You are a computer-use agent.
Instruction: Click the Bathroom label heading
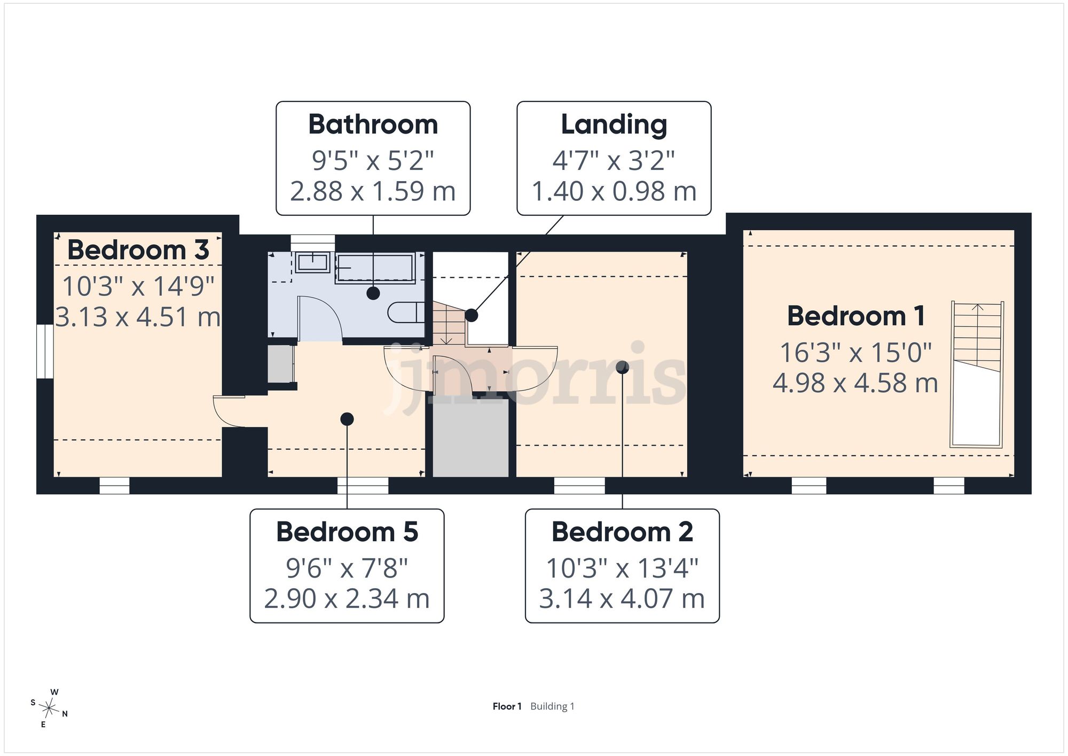[x=373, y=124]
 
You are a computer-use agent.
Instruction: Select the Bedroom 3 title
[x=138, y=250]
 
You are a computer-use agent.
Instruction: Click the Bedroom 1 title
[x=856, y=316]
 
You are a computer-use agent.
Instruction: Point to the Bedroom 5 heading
[x=347, y=532]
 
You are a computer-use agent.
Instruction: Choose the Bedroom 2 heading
[x=622, y=532]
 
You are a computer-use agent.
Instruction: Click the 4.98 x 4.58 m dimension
[x=855, y=383]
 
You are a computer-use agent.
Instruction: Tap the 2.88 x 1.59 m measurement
[x=373, y=191]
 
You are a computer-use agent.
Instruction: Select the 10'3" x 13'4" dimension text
[x=622, y=568]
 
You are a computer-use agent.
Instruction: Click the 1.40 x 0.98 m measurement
[x=614, y=191]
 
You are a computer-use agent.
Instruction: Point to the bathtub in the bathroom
[x=375, y=268]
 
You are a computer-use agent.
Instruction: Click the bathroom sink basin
[x=312, y=262]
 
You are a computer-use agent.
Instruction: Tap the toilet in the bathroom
[x=406, y=312]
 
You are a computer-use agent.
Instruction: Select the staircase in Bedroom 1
[x=977, y=374]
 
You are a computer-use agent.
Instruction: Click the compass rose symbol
[x=49, y=708]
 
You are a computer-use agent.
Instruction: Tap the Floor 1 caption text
[x=507, y=706]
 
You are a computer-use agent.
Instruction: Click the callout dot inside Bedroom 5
[x=347, y=419]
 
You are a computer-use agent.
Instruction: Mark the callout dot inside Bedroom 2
[x=622, y=367]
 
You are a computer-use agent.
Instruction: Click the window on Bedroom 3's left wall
[x=45, y=351]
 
